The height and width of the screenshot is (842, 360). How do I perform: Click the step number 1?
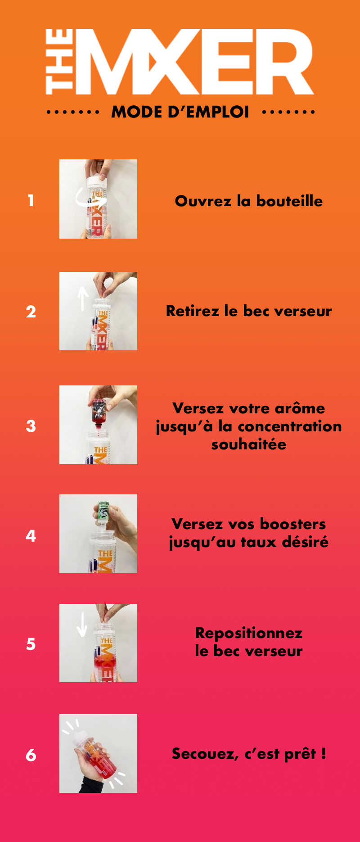coord(31,200)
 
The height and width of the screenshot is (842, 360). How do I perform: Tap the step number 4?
coord(31,536)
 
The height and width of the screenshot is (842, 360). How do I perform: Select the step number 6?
coord(31,755)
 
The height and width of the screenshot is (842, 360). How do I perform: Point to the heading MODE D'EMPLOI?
coord(180,112)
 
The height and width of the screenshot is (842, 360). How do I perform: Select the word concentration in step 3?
coord(289,426)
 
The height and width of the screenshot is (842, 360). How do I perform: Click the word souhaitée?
coord(249,444)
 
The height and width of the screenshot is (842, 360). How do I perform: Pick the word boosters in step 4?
coord(293,524)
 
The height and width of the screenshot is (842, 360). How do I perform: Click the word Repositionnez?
coord(249,634)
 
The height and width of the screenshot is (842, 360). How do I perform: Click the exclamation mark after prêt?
coord(324,753)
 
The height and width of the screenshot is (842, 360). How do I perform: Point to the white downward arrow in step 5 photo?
coord(82,624)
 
